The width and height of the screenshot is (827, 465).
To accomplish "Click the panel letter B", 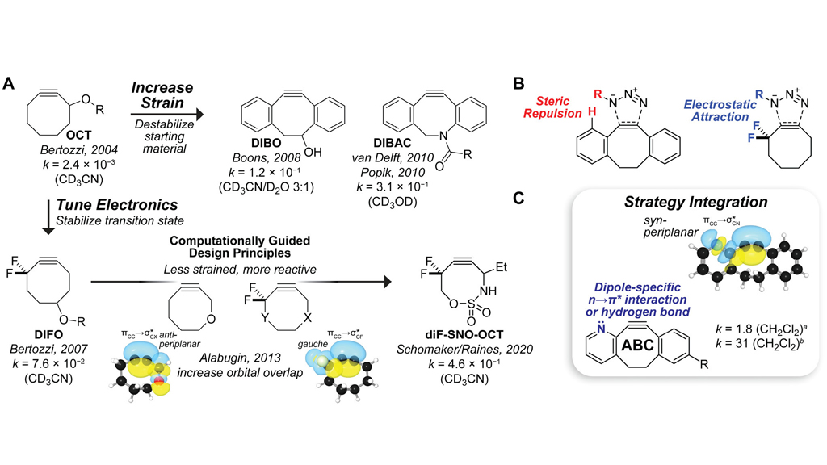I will [x=518, y=82].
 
